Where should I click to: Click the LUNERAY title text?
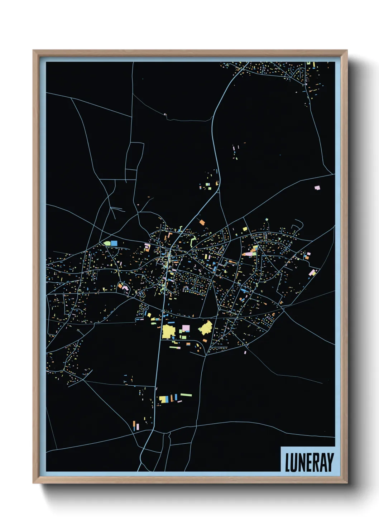(309, 462)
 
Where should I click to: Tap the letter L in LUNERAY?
(287, 462)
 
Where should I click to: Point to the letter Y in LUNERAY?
(330, 462)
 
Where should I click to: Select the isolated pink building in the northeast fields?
(317, 188)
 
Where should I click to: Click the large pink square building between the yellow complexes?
(186, 328)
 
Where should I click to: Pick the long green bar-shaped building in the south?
(186, 395)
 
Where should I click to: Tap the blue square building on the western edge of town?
(114, 243)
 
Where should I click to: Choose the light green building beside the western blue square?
(107, 243)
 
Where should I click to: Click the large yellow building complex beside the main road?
(168, 331)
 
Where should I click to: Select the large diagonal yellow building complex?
(206, 328)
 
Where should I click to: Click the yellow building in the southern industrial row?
(163, 399)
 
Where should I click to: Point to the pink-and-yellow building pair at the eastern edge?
(313, 273)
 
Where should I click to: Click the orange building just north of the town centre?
(202, 222)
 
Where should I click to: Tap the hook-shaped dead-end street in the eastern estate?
(298, 224)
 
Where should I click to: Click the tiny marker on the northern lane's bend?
(165, 115)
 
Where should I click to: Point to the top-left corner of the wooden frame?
(33, 50)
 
